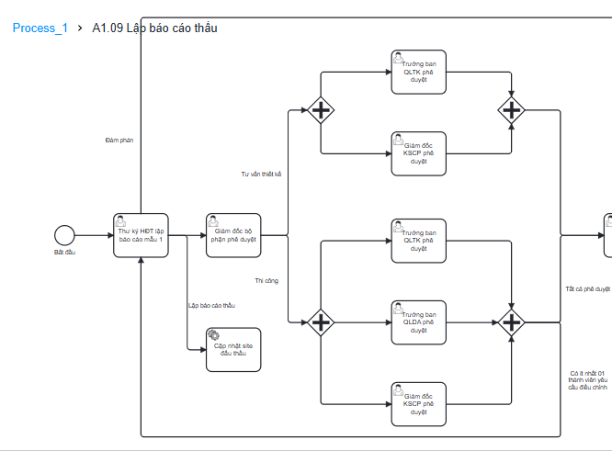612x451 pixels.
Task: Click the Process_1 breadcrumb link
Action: [40, 28]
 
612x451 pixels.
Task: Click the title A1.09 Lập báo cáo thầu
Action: [154, 28]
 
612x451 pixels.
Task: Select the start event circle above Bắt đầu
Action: [64, 235]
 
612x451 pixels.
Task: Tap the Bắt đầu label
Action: [64, 252]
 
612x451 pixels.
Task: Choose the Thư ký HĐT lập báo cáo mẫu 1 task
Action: [141, 236]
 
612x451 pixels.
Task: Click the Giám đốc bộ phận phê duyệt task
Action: [233, 236]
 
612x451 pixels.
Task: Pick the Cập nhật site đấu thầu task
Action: [233, 349]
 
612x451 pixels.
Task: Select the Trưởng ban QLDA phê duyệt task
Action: [419, 322]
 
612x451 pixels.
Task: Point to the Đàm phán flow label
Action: [119, 141]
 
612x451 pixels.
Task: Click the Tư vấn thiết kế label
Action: [261, 174]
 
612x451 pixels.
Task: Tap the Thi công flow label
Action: [266, 281]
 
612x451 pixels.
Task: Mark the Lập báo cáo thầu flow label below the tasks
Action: [211, 306]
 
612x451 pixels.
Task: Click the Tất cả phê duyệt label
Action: [587, 288]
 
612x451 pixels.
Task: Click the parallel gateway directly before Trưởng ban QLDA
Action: [321, 321]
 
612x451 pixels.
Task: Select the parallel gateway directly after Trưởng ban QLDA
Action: [512, 321]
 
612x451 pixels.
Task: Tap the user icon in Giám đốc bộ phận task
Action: [214, 220]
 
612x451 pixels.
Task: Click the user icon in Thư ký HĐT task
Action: [122, 220]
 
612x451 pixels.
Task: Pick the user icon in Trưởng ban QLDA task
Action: [400, 307]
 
